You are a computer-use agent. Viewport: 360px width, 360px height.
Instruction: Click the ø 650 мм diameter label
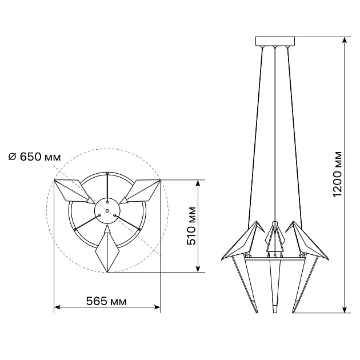[x=35, y=157]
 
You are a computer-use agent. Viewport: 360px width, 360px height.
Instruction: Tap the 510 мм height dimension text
[x=191, y=226]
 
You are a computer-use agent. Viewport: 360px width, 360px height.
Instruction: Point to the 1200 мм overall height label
[x=337, y=174]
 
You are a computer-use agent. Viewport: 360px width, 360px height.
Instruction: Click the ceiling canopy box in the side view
[x=275, y=41]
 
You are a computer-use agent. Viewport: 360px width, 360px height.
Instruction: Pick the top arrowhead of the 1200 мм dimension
[x=344, y=40]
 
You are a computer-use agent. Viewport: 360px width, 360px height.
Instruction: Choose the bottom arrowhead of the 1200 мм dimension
[x=344, y=310]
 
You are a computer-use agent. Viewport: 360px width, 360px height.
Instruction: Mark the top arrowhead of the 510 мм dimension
[x=198, y=183]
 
